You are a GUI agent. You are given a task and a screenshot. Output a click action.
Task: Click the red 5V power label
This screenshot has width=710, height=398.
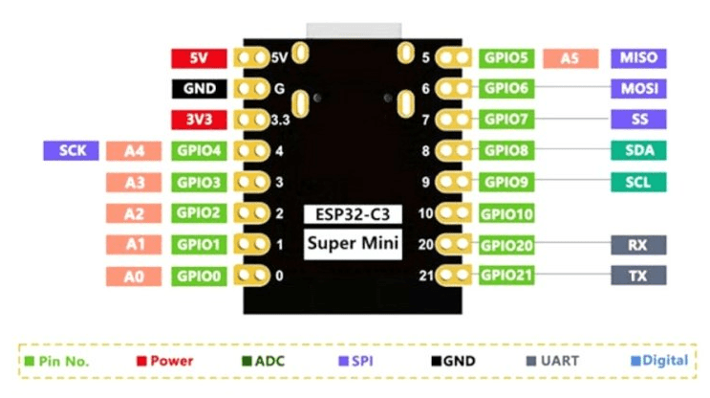point(199,58)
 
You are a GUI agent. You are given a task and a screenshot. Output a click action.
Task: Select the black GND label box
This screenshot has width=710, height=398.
point(199,88)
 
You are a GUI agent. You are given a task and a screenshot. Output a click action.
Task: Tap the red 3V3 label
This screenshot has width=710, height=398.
point(199,120)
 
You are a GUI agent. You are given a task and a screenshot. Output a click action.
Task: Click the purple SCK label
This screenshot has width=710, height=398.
point(71,150)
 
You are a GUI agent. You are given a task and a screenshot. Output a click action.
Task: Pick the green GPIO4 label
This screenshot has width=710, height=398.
point(199,151)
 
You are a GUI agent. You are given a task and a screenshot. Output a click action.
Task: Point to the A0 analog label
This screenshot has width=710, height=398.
point(134,276)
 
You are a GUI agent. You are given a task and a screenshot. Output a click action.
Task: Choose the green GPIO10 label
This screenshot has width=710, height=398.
point(506,213)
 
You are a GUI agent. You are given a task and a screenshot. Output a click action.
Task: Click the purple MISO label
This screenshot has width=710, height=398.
point(638,58)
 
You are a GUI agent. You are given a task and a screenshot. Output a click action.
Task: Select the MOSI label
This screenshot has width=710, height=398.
point(638,88)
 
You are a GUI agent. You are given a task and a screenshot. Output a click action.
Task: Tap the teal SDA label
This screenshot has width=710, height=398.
point(638,150)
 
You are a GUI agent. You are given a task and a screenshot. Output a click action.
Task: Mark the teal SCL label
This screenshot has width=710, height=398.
point(638,182)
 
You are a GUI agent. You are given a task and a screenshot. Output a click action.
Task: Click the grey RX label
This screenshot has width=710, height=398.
point(638,245)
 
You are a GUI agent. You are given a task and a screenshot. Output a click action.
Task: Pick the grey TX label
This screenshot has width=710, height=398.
point(638,276)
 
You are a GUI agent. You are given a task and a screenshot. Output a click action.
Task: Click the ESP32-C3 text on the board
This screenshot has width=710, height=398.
point(353,214)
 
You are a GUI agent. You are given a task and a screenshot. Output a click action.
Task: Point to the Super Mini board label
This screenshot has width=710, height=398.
point(353,243)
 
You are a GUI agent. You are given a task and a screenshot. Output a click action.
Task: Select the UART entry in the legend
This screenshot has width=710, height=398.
point(552,361)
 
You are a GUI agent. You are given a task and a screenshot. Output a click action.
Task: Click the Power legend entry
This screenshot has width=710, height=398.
point(164,361)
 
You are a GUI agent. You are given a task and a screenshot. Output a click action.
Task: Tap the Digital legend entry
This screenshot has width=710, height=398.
point(659,361)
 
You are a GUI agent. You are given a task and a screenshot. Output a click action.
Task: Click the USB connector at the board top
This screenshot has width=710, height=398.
point(354,31)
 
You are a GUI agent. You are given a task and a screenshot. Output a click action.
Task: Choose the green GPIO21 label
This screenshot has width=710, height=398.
point(506,276)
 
